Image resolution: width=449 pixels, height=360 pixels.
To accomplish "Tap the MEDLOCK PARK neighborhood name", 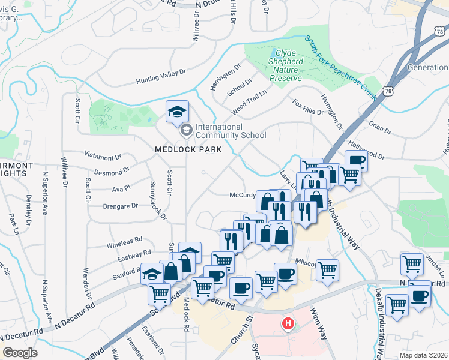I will point(188,149).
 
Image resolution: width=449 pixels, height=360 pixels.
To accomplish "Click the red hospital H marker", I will point(288,325).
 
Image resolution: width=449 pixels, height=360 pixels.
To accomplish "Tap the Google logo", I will point(20,353).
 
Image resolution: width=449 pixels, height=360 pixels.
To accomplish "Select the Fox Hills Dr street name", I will point(307,107).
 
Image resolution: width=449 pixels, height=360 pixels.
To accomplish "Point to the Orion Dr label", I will point(380,128).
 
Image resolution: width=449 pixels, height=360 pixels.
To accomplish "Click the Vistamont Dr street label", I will point(103,157).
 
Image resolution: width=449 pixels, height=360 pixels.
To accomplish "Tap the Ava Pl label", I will point(121,189).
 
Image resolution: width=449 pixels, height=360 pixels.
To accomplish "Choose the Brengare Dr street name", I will point(119,205).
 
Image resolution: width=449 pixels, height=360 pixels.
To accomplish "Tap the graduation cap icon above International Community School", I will point(177,112).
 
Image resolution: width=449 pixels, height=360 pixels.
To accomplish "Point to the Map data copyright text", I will point(423,355).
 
